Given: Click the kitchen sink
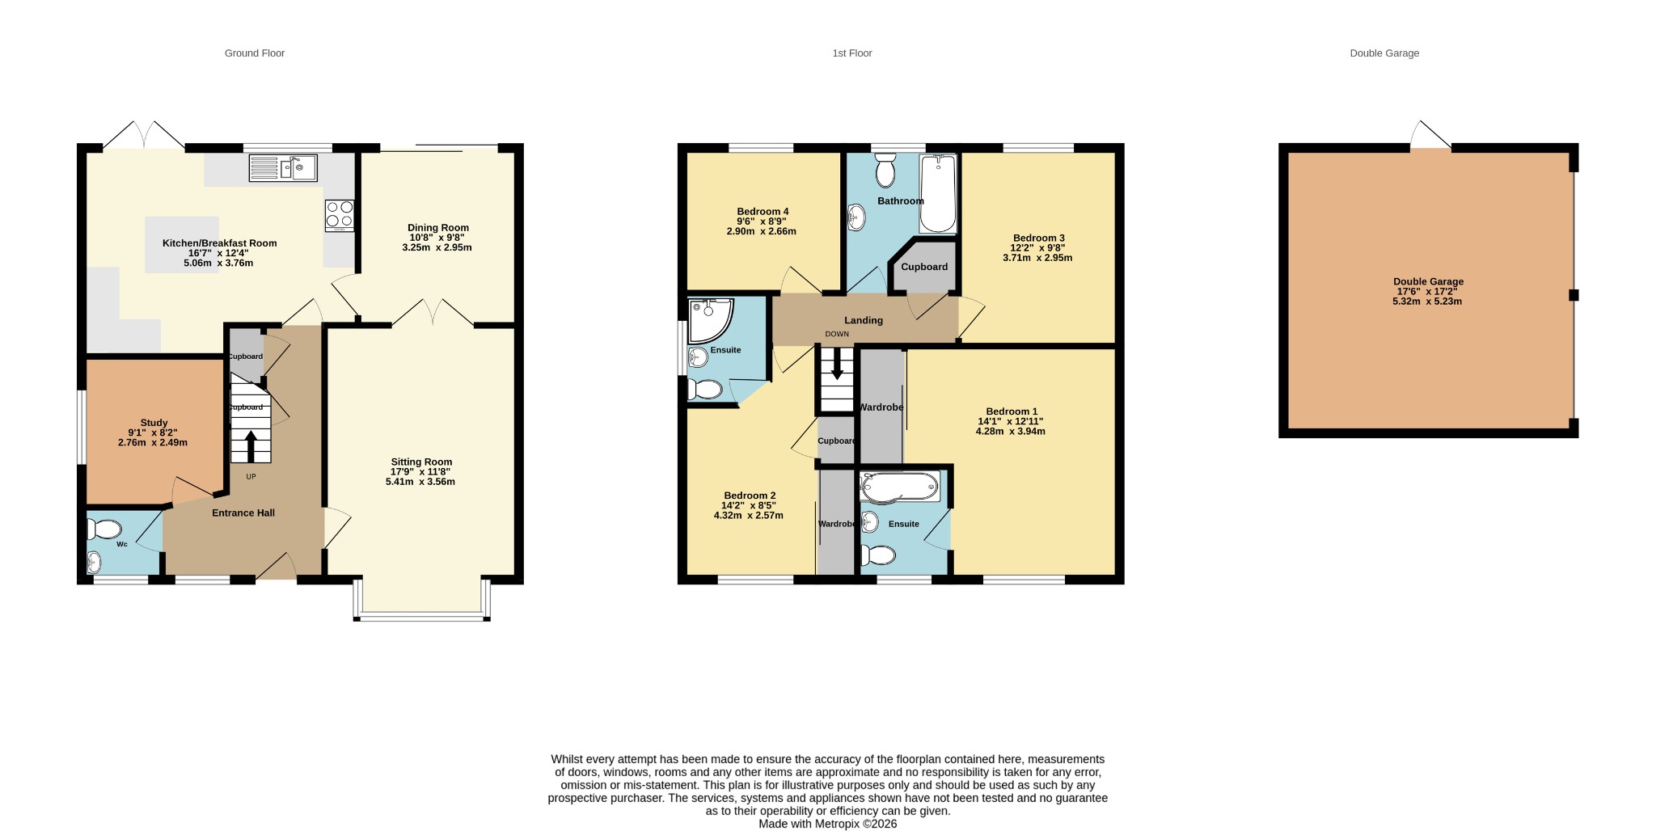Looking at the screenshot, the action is click(x=283, y=168).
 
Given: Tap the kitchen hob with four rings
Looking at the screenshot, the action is click(x=340, y=216).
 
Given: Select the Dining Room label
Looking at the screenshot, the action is click(x=438, y=228).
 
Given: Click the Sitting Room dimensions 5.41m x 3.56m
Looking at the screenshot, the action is click(x=420, y=482).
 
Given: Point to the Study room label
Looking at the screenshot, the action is click(x=154, y=423).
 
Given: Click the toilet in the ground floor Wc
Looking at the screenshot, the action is click(x=104, y=529).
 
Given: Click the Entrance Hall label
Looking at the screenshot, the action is click(x=243, y=513).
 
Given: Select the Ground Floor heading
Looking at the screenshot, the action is click(x=255, y=53).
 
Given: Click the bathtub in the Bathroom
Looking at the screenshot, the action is click(x=938, y=194).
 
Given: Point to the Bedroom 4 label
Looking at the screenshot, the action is click(x=763, y=212).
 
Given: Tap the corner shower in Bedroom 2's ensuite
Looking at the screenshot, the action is click(x=710, y=321).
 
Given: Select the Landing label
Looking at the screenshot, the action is click(x=864, y=320).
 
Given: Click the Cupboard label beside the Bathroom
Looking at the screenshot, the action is click(x=924, y=267).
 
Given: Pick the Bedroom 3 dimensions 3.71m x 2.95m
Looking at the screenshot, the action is click(x=1037, y=258).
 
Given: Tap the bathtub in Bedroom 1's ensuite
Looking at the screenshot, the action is click(x=900, y=487).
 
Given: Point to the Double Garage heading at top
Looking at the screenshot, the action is click(x=1384, y=53).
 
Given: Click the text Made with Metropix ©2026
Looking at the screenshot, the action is click(x=827, y=824).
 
